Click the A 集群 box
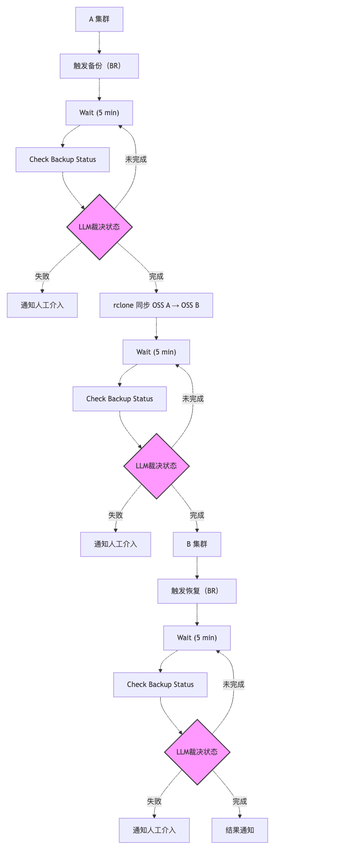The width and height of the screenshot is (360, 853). coord(99,19)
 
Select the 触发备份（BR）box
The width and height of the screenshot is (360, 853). coord(99,66)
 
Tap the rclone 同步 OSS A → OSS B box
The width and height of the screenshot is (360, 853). coord(156,305)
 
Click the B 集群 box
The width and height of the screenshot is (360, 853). coord(197,544)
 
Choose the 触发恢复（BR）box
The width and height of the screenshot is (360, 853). coord(197,591)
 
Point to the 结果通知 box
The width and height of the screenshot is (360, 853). coord(239,831)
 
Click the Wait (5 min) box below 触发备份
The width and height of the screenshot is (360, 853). coord(99,113)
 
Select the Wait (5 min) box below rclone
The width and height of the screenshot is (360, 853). coord(156,352)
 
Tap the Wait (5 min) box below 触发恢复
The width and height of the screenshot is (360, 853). coord(197,638)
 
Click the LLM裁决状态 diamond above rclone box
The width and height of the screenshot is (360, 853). coord(99,227)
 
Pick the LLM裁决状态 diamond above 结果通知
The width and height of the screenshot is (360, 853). coord(197,752)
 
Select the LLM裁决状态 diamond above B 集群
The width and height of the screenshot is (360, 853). coord(156,466)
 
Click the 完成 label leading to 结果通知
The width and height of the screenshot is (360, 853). coord(239,801)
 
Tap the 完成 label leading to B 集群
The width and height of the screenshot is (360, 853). coord(197,515)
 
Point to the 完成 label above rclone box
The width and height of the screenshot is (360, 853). coord(156,276)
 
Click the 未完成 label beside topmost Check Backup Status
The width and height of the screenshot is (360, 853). coord(136,159)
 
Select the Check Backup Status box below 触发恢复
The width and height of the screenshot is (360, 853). coord(160,685)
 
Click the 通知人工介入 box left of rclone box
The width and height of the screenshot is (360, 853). coord(42,305)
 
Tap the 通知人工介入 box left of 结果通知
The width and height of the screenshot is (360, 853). coord(154,831)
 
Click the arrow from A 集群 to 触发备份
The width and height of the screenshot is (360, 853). coord(99,43)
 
